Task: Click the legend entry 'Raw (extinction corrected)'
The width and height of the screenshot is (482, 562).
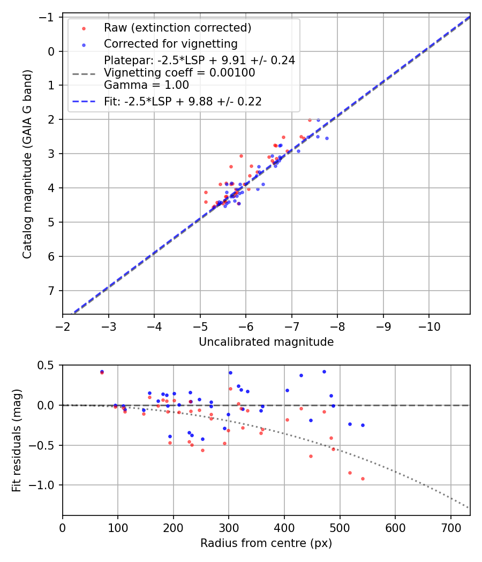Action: pyautogui.click(x=178, y=28)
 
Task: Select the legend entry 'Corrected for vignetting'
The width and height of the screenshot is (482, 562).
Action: pyautogui.click(x=170, y=43)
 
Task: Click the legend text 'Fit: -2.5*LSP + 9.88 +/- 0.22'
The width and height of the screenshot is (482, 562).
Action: pyautogui.click(x=183, y=101)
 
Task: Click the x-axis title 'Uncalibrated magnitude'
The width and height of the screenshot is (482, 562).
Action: pyautogui.click(x=266, y=342)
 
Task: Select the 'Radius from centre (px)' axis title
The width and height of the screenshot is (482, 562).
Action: pyautogui.click(x=266, y=543)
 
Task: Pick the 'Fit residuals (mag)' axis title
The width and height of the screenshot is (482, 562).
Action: pyautogui.click(x=16, y=440)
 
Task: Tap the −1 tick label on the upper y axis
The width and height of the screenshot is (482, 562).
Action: pyautogui.click(x=49, y=17)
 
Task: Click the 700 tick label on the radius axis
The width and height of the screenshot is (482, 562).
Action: pyautogui.click(x=450, y=527)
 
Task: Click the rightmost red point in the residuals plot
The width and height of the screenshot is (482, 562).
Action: pyautogui.click(x=363, y=479)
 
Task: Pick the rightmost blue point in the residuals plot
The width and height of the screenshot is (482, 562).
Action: pyautogui.click(x=363, y=425)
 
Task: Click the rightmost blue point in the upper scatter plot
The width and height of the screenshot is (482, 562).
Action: pyautogui.click(x=327, y=138)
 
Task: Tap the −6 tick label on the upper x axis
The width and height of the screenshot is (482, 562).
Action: pyautogui.click(x=246, y=326)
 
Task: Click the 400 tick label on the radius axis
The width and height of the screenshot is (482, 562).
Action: pyautogui.click(x=284, y=527)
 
